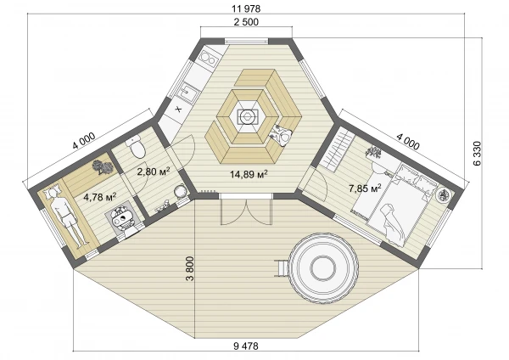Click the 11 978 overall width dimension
coord(246,8)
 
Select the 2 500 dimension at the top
coord(246,22)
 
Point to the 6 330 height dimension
coord(477,154)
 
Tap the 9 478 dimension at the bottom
coord(246,346)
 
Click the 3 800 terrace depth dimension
coord(190,268)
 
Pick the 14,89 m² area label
coord(249,174)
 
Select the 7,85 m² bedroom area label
coord(365,188)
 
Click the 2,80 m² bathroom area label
coord(154,172)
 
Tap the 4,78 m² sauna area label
coord(100,197)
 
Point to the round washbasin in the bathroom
coord(180,191)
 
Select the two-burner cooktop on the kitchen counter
coord(208,59)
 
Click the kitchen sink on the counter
coord(188,91)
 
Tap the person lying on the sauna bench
coord(66,216)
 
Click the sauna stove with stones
coord(122,217)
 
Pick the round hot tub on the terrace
coord(323,268)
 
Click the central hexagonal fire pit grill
coord(249,116)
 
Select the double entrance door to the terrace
coord(246,210)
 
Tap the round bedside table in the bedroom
coord(443,195)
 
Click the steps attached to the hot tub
coord(282,268)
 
